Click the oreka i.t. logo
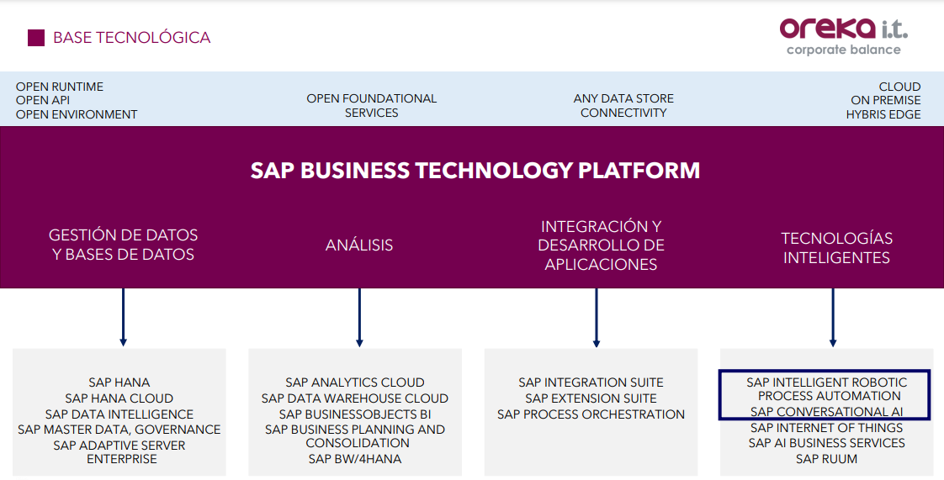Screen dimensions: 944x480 844,36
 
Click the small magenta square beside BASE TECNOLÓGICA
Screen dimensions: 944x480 36,38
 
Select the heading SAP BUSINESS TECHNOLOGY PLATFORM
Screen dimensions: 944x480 475,170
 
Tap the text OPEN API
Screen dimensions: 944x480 43,100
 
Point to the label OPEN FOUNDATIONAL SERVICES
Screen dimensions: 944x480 372,105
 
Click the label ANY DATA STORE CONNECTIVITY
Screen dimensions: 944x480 623,105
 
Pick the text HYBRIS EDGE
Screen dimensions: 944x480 883,114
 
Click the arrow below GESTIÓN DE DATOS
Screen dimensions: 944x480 124,317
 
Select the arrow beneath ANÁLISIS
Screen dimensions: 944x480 359,317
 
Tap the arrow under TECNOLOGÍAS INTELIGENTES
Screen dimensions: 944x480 833,317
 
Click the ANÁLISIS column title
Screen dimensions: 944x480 359,245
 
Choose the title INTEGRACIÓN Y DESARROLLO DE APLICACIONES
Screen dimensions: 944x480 601,245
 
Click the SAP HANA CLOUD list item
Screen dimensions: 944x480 119,398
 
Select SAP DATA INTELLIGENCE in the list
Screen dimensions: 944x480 119,414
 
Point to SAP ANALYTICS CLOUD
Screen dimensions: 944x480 355,382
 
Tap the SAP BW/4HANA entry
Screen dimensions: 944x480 355,459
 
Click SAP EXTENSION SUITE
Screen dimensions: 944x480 591,398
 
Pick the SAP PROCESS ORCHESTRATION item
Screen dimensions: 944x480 591,414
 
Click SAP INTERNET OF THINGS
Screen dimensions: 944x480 826,428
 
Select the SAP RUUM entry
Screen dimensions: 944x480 826,459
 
